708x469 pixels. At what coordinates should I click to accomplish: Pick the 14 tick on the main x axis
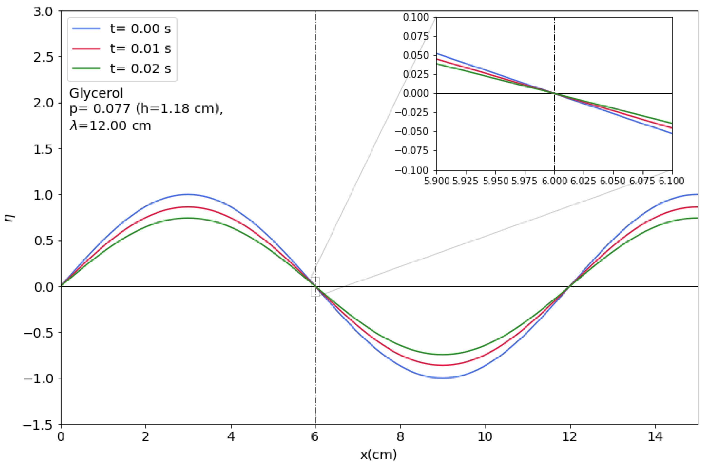655,437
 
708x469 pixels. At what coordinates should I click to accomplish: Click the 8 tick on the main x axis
400,437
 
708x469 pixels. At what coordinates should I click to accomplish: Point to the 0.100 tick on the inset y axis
416,18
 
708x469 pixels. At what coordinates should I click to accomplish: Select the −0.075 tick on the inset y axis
411,151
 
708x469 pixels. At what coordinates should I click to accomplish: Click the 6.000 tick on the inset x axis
554,181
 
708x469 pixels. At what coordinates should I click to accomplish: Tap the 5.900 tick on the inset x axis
437,181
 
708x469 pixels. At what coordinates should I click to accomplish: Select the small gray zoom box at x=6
315,287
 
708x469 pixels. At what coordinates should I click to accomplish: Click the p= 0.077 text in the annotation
100,109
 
